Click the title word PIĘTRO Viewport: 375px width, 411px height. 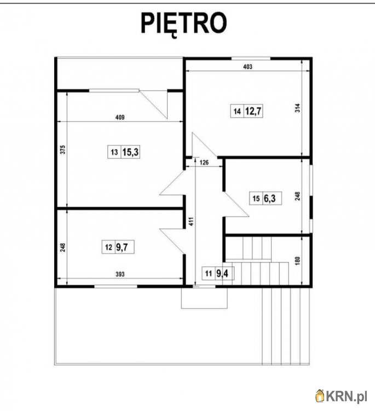tap(183, 24)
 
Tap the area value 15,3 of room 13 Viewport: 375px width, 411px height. tap(130, 152)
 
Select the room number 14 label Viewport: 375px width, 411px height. tap(237, 111)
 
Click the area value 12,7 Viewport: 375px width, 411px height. tap(253, 111)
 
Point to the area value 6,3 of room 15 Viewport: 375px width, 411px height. tap(269, 198)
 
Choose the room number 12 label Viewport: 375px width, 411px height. tap(108, 247)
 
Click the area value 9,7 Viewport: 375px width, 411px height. tap(122, 247)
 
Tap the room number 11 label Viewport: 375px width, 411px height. tap(209, 273)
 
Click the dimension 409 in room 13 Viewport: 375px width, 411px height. tap(120, 117)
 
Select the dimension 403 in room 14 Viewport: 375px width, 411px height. tap(248, 67)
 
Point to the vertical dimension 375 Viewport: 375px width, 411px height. tap(63, 150)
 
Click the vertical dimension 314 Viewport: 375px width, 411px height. tap(297, 109)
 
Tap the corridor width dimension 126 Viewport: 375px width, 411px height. tap(204, 163)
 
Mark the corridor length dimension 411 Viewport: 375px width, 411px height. tap(192, 221)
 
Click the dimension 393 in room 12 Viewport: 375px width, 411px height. tap(120, 274)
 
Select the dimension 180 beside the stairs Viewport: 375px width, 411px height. tap(297, 261)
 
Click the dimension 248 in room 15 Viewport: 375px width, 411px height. tap(297, 196)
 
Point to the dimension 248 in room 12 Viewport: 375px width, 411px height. tap(63, 248)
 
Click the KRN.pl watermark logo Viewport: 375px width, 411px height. tap(341, 396)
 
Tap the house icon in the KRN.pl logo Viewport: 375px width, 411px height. tap(320, 396)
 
